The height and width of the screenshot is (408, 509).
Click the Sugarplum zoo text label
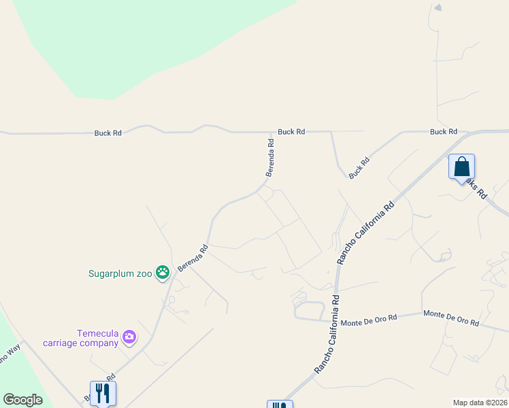[120, 274]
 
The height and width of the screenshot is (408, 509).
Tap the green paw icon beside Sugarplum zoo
[163, 273]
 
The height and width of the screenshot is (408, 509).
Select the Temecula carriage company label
[99, 338]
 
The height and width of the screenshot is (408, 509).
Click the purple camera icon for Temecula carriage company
[129, 337]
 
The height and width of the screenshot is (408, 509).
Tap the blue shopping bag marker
[461, 167]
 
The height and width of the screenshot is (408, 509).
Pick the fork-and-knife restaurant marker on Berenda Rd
[103, 392]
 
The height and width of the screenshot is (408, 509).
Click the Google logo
[22, 400]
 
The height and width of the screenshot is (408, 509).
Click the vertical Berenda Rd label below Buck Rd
[271, 154]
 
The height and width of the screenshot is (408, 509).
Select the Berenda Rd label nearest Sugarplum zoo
[193, 259]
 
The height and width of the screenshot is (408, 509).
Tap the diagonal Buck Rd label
[359, 168]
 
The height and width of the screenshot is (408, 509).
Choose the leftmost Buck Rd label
[108, 133]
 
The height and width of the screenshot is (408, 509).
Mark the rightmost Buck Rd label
[443, 132]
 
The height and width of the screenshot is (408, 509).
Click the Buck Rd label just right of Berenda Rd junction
[291, 132]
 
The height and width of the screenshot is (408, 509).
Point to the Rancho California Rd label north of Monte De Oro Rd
[365, 233]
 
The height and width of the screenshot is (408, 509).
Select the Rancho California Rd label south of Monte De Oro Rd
[326, 334]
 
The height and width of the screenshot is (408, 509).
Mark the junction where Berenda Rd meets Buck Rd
[272, 132]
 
